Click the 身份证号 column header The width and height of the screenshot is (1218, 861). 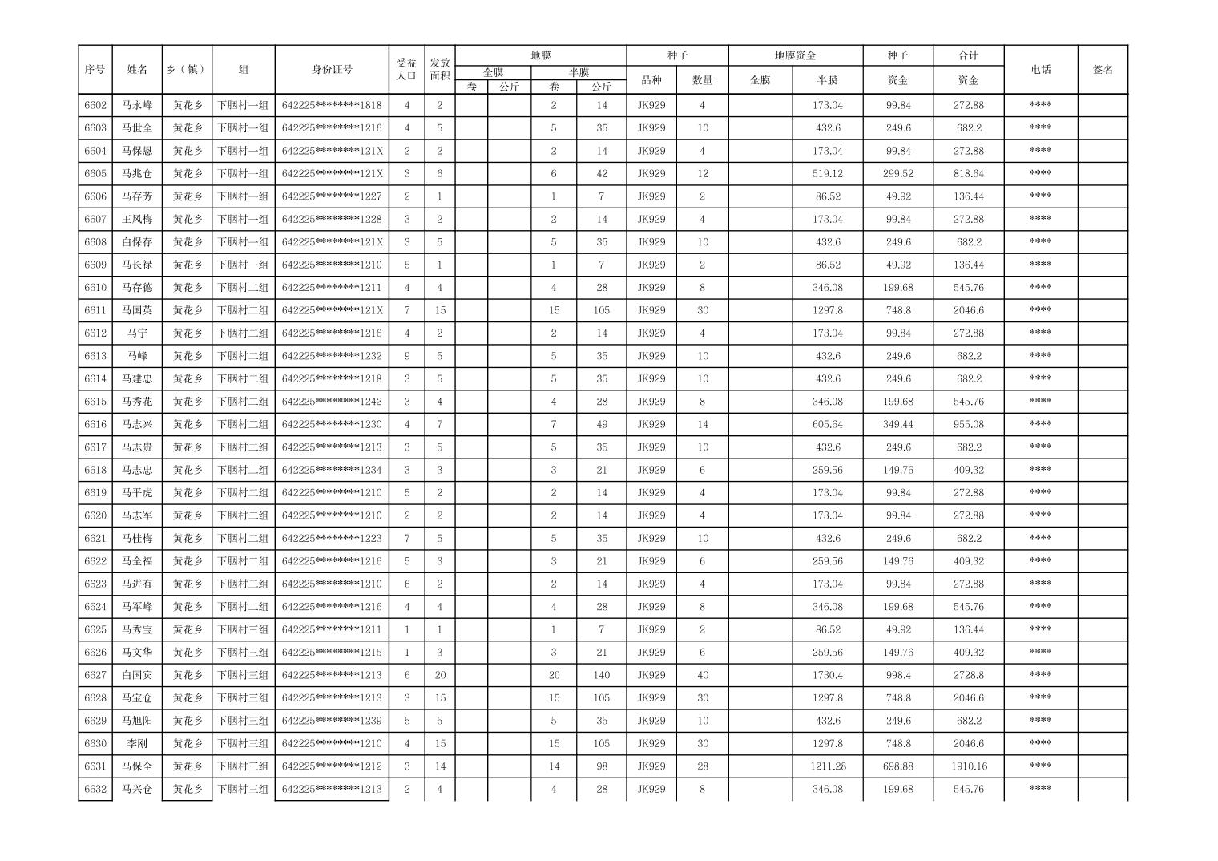332,70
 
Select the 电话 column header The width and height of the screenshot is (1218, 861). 1040,70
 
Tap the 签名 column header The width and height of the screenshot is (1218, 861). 1103,70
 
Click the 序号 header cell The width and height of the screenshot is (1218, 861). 95,70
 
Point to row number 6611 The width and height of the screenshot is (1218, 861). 95,310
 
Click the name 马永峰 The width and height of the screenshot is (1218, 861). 137,105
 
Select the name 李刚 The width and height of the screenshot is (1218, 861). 137,744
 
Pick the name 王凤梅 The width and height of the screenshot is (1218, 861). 137,219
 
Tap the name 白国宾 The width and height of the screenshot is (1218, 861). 137,675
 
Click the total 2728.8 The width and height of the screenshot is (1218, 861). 968,675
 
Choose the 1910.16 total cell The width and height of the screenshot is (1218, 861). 968,766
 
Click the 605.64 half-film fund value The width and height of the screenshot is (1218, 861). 827,424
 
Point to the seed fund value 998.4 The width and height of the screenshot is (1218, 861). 898,675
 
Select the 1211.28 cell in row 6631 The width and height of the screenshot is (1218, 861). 827,766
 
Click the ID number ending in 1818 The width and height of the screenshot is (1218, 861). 332,105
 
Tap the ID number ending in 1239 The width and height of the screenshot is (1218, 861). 332,721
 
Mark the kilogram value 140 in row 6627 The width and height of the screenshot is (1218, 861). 601,675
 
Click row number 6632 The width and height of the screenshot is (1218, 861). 95,789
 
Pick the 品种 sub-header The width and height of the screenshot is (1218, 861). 651,80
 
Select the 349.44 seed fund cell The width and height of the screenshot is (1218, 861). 898,424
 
